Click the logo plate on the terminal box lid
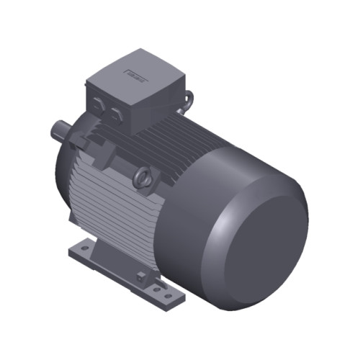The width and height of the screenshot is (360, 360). [135, 73]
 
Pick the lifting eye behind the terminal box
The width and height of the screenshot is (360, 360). [189, 99]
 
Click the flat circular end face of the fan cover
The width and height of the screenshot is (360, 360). [260, 238]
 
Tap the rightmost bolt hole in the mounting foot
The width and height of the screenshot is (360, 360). [169, 295]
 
